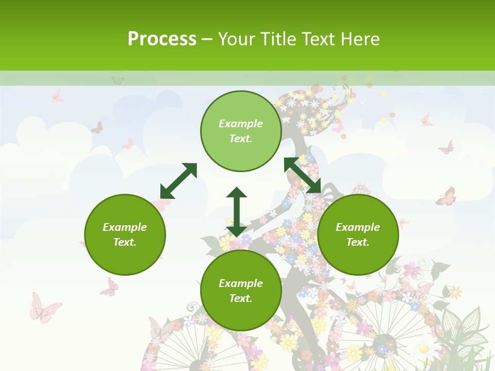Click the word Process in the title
click(x=162, y=39)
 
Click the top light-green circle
click(x=241, y=131)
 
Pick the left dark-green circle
click(x=125, y=234)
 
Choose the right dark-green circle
click(x=358, y=234)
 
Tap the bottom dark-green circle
click(x=241, y=291)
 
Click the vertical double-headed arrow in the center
click(x=237, y=211)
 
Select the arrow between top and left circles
click(x=178, y=181)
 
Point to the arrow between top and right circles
click(x=303, y=175)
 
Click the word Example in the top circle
click(x=241, y=124)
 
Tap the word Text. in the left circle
click(x=125, y=242)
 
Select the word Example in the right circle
click(x=358, y=227)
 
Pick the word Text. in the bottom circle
click(x=241, y=298)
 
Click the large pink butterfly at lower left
click(x=44, y=308)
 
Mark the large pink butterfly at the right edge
click(x=446, y=196)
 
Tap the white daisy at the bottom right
click(x=424, y=349)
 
